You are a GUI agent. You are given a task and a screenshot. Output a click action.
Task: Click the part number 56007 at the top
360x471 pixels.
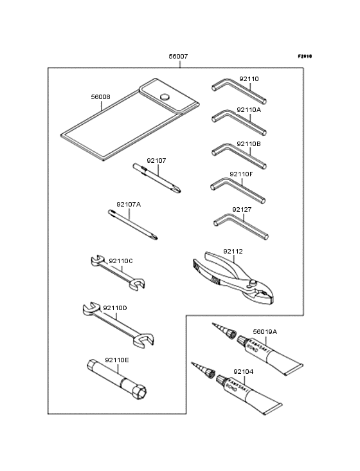(x=178, y=56)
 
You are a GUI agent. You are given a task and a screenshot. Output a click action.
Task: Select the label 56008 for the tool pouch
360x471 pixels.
(x=100, y=97)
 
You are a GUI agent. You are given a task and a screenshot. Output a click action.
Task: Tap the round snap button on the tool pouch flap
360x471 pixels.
(x=165, y=97)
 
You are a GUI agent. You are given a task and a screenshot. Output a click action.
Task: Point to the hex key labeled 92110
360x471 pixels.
(x=239, y=91)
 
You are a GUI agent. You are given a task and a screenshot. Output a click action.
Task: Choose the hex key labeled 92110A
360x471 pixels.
(x=239, y=122)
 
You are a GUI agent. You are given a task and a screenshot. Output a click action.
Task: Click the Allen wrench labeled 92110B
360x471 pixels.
(x=239, y=156)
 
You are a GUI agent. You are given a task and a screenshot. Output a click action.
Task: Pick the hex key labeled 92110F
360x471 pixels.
(x=238, y=190)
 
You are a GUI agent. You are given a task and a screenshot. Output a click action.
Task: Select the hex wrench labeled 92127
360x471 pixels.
(x=241, y=226)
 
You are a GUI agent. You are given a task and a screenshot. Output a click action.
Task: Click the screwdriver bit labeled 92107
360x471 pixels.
(x=157, y=178)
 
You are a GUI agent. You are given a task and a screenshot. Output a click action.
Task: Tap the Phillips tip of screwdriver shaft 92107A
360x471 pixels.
(x=154, y=237)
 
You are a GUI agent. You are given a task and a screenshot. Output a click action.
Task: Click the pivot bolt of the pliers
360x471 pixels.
(x=253, y=283)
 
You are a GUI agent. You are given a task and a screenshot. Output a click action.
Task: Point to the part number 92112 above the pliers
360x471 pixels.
(x=233, y=251)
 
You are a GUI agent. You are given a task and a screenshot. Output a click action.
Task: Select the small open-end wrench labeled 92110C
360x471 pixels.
(x=118, y=272)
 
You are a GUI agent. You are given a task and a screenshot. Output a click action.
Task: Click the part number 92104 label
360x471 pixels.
(x=243, y=371)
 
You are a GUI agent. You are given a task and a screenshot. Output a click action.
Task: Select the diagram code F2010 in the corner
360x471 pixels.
(x=305, y=56)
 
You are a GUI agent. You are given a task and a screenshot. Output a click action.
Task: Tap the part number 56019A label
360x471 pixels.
(x=265, y=332)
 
